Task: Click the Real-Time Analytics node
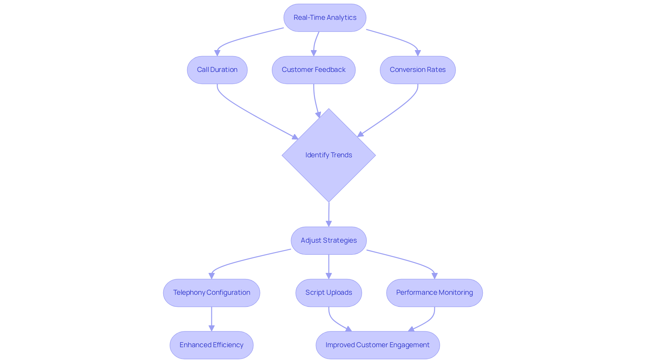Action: pos(325,18)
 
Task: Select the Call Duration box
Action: pos(217,70)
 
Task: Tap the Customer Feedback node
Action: pos(314,70)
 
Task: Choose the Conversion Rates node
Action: pos(418,70)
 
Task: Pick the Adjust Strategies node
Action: pos(329,241)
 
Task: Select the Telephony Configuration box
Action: pos(211,293)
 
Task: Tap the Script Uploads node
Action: pos(329,293)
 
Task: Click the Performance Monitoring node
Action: pos(434,293)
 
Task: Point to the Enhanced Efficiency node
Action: pos(211,345)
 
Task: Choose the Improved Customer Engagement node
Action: pos(378,345)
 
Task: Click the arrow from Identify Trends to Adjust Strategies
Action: pos(329,213)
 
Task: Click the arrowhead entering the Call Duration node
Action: pos(217,53)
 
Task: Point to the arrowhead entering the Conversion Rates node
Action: pos(418,53)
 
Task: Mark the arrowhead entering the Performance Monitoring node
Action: pos(434,276)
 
